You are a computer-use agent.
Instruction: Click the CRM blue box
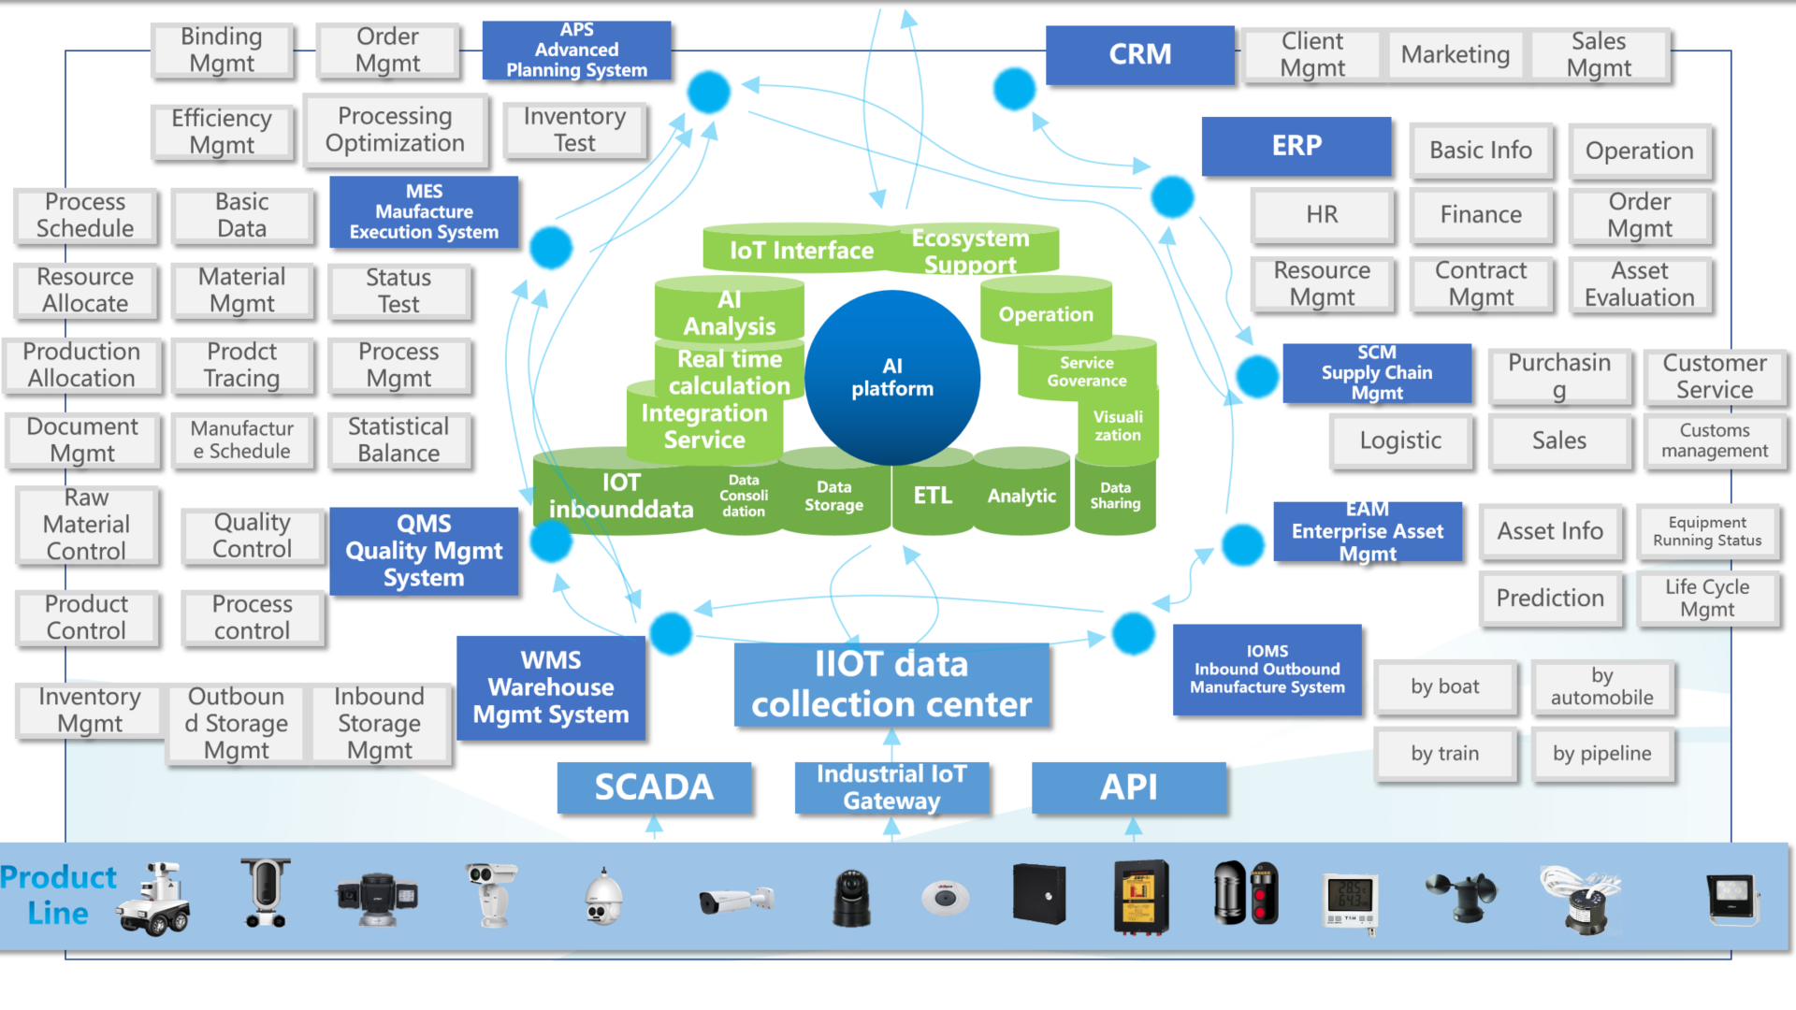(1139, 55)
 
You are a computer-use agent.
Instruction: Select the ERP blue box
(1296, 146)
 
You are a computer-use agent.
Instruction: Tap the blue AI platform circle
(892, 378)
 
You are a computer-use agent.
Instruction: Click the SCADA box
(654, 787)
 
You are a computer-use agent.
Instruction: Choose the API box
(1128, 787)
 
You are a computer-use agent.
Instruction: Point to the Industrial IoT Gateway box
(891, 787)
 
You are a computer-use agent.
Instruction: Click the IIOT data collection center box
(891, 685)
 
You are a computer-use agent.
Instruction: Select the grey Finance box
(1481, 215)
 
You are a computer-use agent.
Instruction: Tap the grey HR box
(1322, 215)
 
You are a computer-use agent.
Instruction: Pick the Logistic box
(1400, 440)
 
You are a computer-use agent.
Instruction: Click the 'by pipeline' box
(1601, 754)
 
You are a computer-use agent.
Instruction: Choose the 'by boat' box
(1444, 687)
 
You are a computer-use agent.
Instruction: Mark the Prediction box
(1550, 599)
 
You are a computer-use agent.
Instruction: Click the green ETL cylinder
(932, 497)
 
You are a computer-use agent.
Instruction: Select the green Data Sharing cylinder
(1115, 497)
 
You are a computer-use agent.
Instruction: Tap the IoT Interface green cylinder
(801, 251)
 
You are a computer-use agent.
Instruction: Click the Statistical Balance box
(398, 440)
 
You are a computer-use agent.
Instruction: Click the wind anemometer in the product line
(1460, 895)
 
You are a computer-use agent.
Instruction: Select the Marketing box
(1455, 55)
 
